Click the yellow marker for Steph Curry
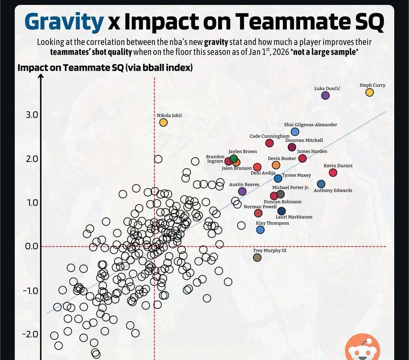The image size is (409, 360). click(369, 92)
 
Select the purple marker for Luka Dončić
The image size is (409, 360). click(325, 95)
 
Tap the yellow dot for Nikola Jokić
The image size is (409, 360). click(163, 122)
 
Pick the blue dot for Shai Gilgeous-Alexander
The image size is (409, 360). click(295, 132)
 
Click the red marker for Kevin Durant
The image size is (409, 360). click(333, 173)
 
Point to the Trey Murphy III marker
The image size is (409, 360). click(257, 257)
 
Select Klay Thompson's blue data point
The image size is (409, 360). click(260, 230)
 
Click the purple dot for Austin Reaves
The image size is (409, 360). click(242, 191)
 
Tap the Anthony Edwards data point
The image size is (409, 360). click(321, 184)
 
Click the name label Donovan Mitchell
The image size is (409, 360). click(304, 140)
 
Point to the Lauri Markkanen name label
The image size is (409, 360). click(294, 217)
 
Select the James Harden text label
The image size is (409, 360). click(312, 152)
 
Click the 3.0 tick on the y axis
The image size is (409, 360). click(32, 115)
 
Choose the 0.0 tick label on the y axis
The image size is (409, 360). click(32, 246)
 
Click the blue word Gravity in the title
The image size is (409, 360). click(64, 22)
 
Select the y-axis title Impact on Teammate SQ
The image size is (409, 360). click(105, 67)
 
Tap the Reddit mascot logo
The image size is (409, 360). click(362, 348)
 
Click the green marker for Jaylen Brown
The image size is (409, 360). click(234, 159)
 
